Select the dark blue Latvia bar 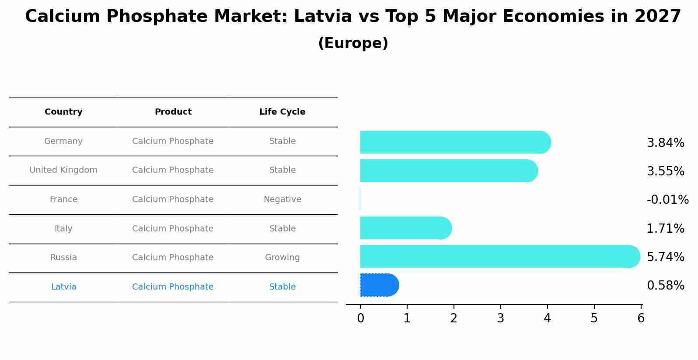tap(379, 285)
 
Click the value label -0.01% tap(667, 200)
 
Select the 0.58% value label tap(665, 286)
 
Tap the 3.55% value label tap(665, 171)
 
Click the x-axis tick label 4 tap(547, 318)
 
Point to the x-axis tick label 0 tap(360, 318)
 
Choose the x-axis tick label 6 tap(641, 318)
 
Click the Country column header tap(63, 112)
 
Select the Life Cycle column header tap(282, 112)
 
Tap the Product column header tap(173, 112)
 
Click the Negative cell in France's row tap(282, 199)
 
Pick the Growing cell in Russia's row tap(282, 258)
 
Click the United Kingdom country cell tap(63, 170)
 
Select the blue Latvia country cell tap(63, 287)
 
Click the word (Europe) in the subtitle tap(353, 43)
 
